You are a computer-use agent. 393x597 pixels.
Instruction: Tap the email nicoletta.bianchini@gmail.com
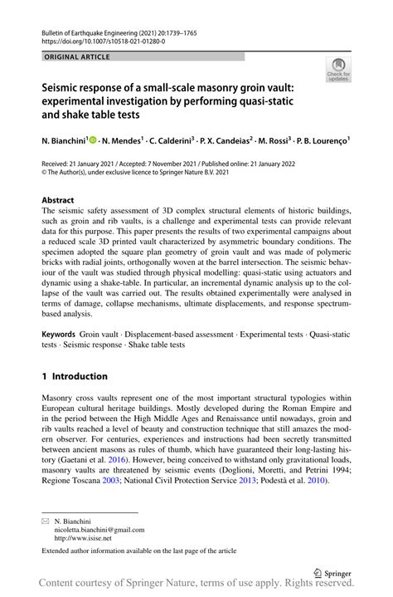pos(99,529)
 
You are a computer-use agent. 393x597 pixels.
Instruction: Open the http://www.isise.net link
pos(82,538)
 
